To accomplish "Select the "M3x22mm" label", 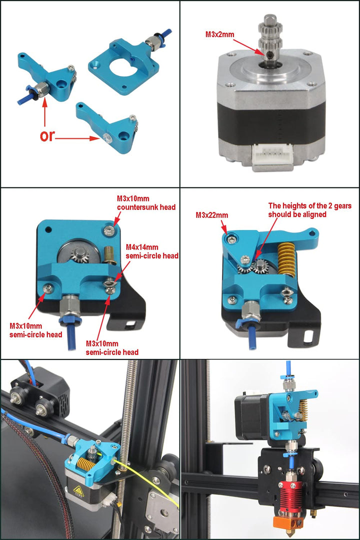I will pos(211,215).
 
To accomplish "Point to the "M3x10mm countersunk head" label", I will pos(146,202).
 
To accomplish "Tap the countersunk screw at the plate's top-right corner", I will pos(109,230).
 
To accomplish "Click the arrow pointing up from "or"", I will pos(45,112).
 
